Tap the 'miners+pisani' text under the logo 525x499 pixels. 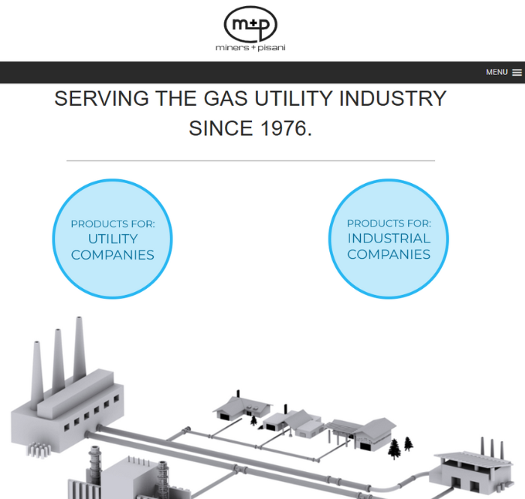pyautogui.click(x=250, y=48)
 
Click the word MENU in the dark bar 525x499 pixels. pyautogui.click(x=496, y=73)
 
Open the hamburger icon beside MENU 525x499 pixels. pyautogui.click(x=517, y=73)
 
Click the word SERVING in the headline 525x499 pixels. pyautogui.click(x=101, y=98)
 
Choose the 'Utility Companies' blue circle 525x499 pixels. pyautogui.click(x=112, y=239)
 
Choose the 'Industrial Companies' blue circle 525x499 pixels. pyautogui.click(x=388, y=239)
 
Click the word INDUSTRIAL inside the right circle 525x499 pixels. pyautogui.click(x=388, y=239)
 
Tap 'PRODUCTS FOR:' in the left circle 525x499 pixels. pyautogui.click(x=112, y=224)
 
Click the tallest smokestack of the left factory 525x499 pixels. pyautogui.click(x=77, y=353)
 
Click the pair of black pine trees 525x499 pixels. pyautogui.click(x=400, y=447)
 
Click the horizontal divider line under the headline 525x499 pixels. pyautogui.click(x=250, y=161)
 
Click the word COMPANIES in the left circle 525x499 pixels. pyautogui.click(x=112, y=255)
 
